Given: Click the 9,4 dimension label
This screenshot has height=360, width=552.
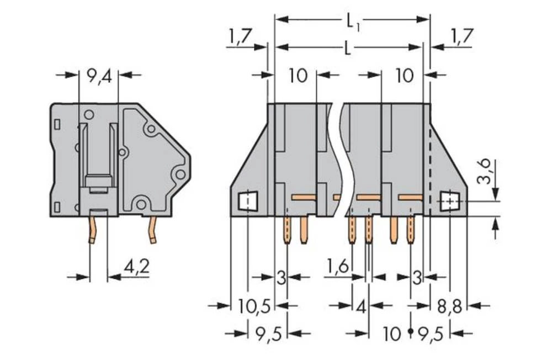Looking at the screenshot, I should pyautogui.click(x=99, y=76).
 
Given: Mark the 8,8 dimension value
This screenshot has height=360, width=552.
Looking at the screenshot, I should pyautogui.click(x=450, y=306).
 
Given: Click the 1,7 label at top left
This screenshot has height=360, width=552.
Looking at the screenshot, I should pyautogui.click(x=239, y=38).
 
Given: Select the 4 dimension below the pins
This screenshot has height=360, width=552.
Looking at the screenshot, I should pyautogui.click(x=361, y=306).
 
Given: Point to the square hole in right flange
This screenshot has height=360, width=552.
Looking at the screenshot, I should pyautogui.click(x=450, y=202).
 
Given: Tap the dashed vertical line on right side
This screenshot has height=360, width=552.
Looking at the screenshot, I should pyautogui.click(x=430, y=166).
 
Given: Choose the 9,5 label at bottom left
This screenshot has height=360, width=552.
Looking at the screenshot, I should pyautogui.click(x=268, y=333).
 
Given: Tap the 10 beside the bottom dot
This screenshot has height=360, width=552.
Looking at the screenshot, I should pyautogui.click(x=392, y=333).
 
